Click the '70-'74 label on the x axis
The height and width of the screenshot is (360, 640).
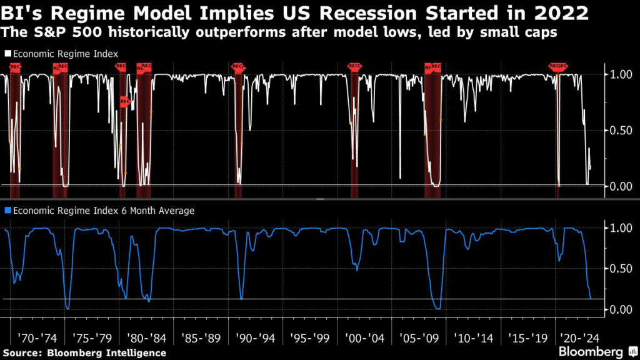point(37,338)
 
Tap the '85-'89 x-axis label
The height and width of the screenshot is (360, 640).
point(201,338)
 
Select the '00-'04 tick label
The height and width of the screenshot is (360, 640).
point(364,338)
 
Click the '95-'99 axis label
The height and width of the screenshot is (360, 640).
point(310,338)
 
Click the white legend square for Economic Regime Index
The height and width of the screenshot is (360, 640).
point(7,54)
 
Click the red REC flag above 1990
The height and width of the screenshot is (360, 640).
point(237,66)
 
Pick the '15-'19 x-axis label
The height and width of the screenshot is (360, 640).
point(527,338)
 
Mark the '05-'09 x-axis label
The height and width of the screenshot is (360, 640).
point(419,338)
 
